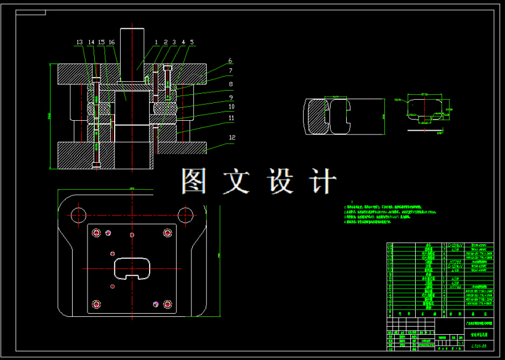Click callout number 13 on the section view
tap(79, 42)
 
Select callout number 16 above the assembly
tap(111, 42)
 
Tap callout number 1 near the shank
tap(156, 42)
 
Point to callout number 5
tap(192, 42)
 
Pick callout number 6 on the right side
tap(230, 61)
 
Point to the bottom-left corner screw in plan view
tap(95, 303)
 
